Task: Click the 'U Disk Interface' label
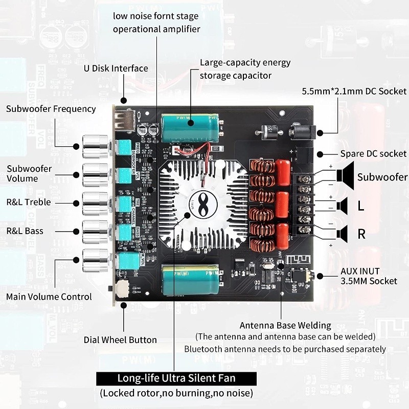point(116,69)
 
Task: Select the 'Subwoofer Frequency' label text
point(51,109)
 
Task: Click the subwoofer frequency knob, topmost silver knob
point(96,146)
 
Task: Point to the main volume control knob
point(96,260)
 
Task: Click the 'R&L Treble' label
point(29,202)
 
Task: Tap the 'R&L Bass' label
point(25,231)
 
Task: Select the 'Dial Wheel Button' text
point(120,339)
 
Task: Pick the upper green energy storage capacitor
point(190,128)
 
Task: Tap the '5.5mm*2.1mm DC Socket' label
point(354,92)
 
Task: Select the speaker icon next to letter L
point(342,206)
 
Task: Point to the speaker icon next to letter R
point(342,234)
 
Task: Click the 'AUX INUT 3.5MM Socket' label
point(369,276)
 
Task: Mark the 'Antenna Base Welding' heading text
point(285,325)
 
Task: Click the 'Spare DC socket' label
point(373,153)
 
